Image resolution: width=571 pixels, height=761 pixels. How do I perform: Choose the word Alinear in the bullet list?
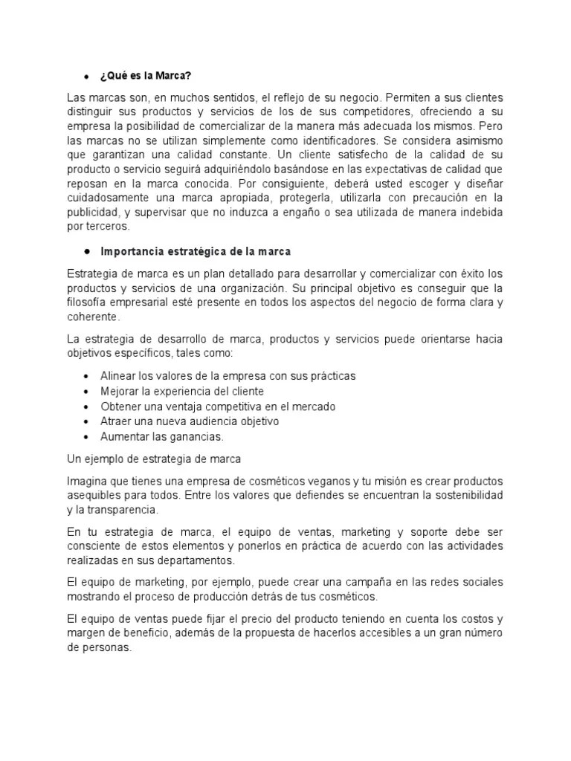coord(117,376)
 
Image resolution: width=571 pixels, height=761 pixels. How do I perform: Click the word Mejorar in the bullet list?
coord(120,391)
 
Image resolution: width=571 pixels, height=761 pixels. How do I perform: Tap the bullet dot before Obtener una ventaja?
coord(88,407)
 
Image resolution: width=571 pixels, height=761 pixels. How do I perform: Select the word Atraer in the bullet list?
coord(116,421)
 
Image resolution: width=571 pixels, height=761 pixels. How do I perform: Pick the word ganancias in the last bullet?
coord(196,436)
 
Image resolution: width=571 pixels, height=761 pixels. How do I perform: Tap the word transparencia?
coord(123,510)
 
